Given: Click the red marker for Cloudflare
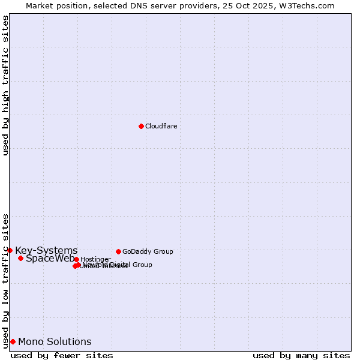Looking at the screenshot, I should pyautogui.click(x=141, y=126).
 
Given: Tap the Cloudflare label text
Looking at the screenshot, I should pyautogui.click(x=161, y=126).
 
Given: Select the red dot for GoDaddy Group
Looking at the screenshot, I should pyautogui.click(x=118, y=251).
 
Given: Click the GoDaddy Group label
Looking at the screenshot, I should pyautogui.click(x=148, y=251).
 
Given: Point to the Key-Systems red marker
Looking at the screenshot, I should pyautogui.click(x=10, y=250).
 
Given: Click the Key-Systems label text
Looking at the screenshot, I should pyautogui.click(x=46, y=250).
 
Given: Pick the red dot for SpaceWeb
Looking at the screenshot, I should pyautogui.click(x=20, y=258).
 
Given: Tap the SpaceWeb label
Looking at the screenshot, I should pyautogui.click(x=50, y=259).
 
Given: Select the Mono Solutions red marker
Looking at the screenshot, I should pyautogui.click(x=13, y=341).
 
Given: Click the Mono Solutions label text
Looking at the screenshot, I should pyautogui.click(x=55, y=341).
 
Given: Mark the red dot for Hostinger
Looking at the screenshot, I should pyautogui.click(x=76, y=259).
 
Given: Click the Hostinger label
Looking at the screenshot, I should pyautogui.click(x=95, y=259).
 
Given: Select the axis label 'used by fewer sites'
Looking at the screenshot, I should pyautogui.click(x=62, y=355).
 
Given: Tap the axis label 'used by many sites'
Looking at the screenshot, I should pyautogui.click(x=301, y=355).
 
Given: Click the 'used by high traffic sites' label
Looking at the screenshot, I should pyautogui.click(x=5, y=85).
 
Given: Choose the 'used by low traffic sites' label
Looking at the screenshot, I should pyautogui.click(x=5, y=280).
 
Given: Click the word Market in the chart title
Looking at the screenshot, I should pyautogui.click(x=40, y=5).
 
